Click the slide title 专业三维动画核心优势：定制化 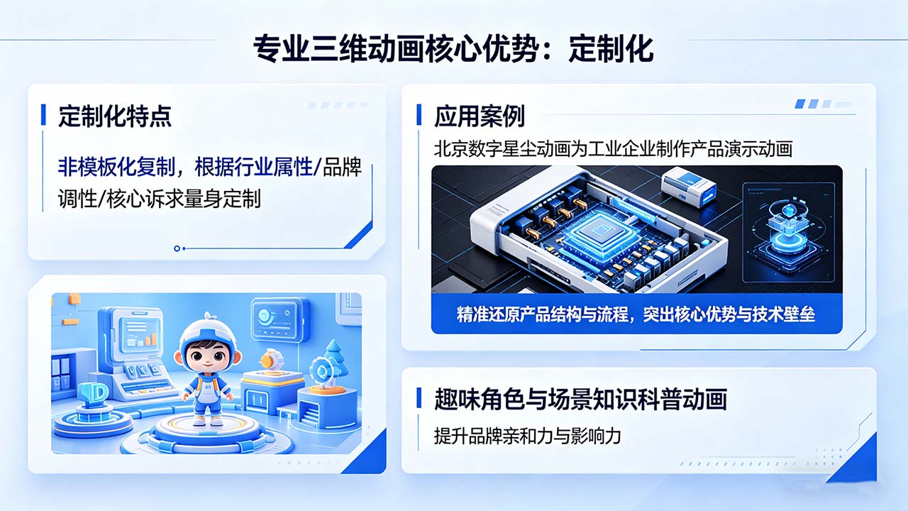(453, 50)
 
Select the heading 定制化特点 (114, 116)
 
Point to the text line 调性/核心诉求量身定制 (160, 199)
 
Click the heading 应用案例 (480, 116)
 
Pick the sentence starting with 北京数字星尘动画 (613, 149)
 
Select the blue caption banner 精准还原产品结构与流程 (636, 314)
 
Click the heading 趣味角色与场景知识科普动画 (580, 400)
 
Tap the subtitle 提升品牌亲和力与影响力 (528, 435)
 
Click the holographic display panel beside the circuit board (788, 227)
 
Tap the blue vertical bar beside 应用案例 (419, 115)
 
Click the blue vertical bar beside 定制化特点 (44, 115)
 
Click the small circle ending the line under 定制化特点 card (177, 248)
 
